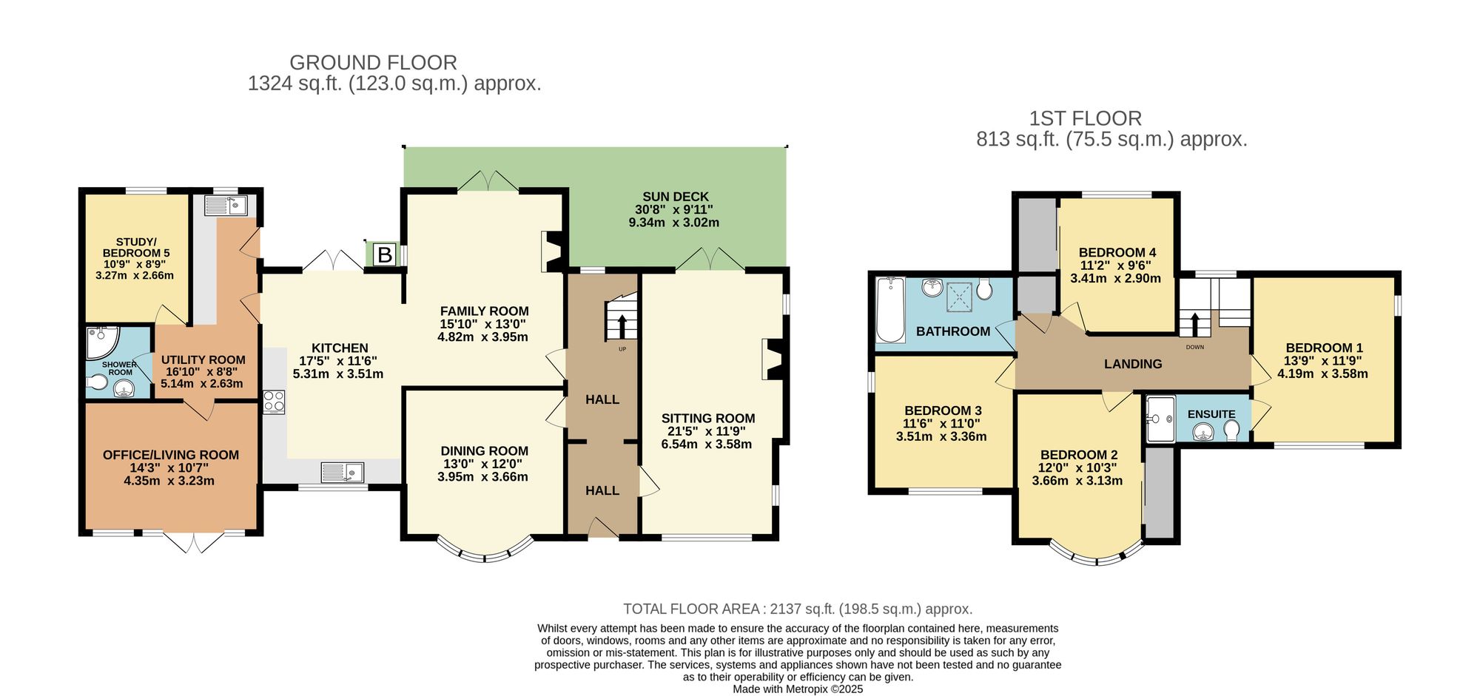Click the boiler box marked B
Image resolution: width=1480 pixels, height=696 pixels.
pyautogui.click(x=384, y=255)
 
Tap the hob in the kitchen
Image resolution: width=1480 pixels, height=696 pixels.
pyautogui.click(x=274, y=402)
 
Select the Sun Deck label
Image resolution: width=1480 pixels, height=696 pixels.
pyautogui.click(x=675, y=197)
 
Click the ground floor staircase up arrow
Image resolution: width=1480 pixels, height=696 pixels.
pyautogui.click(x=622, y=326)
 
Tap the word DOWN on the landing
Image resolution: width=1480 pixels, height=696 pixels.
pyautogui.click(x=1194, y=347)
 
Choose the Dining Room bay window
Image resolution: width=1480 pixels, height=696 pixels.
pyautogui.click(x=485, y=553)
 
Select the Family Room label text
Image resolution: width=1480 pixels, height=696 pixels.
pyautogui.click(x=484, y=311)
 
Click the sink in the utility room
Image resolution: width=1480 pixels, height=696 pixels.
pyautogui.click(x=225, y=205)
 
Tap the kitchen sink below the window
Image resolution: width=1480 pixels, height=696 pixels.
pyautogui.click(x=343, y=472)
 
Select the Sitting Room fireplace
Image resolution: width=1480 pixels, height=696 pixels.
pyautogui.click(x=773, y=359)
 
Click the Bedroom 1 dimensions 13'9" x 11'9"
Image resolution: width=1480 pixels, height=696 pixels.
pyautogui.click(x=1322, y=361)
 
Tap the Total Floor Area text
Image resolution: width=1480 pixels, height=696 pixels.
pyautogui.click(x=797, y=609)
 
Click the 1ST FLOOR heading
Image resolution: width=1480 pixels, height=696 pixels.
pyautogui.click(x=1085, y=118)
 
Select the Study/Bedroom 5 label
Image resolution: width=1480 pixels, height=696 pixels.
pyautogui.click(x=135, y=247)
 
